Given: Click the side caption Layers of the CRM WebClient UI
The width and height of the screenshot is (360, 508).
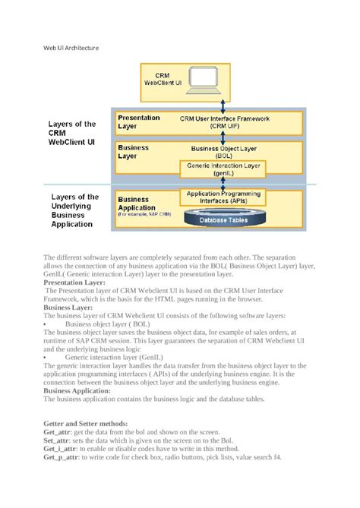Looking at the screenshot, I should (71, 132).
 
